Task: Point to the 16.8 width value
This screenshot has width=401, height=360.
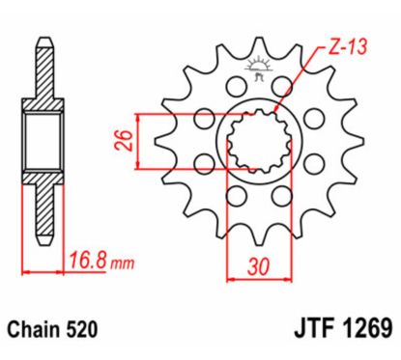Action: click(87, 259)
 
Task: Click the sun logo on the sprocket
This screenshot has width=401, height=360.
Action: click(258, 69)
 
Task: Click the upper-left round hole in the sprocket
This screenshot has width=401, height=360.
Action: click(205, 120)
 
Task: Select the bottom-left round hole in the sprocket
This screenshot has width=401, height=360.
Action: click(233, 196)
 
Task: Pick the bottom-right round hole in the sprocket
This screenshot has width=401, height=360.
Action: click(281, 196)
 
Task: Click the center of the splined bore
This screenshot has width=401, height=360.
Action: click(257, 142)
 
